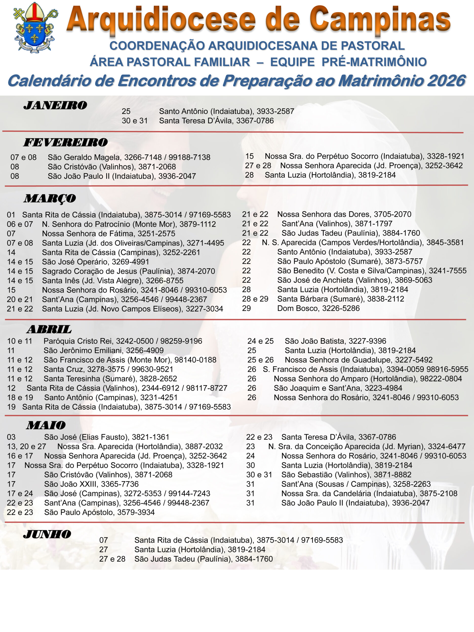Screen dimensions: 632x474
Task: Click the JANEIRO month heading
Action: pos(55,105)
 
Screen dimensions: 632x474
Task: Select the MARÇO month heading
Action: pos(50,198)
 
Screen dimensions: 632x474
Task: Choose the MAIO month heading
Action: pos(46,425)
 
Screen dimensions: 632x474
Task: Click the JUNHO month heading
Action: pos(47,534)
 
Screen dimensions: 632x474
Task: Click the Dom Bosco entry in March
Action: pos(297,308)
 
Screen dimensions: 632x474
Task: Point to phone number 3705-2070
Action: pos(393,214)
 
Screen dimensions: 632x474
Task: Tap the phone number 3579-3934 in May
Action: pos(136,512)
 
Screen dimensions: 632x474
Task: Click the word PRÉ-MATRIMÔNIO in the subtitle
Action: pos(374,62)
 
